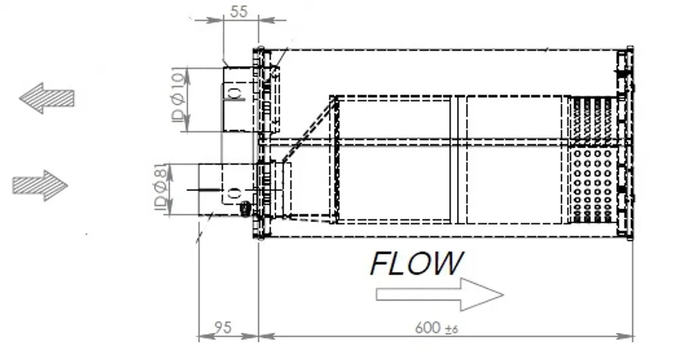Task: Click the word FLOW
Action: click(416, 263)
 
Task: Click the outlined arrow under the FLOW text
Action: click(439, 294)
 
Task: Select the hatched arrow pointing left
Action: click(47, 98)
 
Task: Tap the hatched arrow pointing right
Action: click(40, 185)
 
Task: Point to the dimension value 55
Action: click(239, 12)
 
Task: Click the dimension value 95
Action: click(222, 328)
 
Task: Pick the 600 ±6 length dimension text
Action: click(437, 328)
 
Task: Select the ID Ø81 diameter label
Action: click(160, 187)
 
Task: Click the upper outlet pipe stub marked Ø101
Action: click(238, 99)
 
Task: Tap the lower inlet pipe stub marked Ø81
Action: click(226, 189)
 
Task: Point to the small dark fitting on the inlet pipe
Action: click(245, 208)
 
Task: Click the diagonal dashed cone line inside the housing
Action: click(309, 129)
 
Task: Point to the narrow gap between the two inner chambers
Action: click(458, 160)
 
